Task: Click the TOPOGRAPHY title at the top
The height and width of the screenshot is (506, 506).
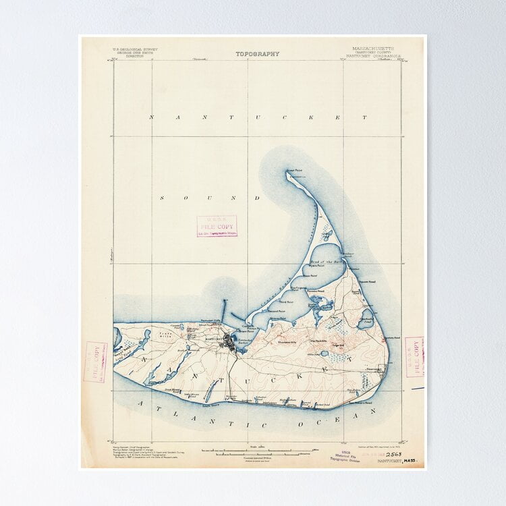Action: [257, 54]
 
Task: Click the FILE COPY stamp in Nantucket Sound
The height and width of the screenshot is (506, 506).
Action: [217, 226]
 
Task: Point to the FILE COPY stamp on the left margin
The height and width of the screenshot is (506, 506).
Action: [95, 362]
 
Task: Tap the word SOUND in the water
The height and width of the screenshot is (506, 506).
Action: [209, 198]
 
